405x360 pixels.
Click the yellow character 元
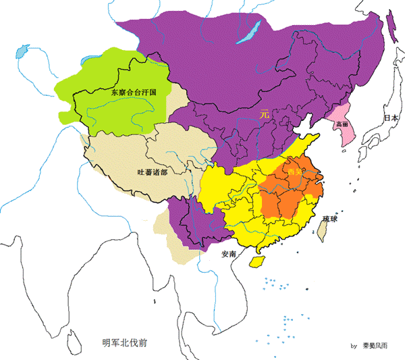click(x=265, y=115)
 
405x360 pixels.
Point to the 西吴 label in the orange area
click(x=295, y=173)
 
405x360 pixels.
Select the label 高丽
click(x=341, y=125)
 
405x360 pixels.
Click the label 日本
click(x=391, y=118)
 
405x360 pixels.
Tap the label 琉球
click(x=331, y=219)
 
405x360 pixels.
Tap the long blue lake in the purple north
click(x=250, y=32)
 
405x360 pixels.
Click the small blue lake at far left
click(x=22, y=50)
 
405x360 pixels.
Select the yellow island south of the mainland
click(x=257, y=261)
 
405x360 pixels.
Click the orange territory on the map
click(x=287, y=192)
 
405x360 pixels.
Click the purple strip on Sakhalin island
click(x=391, y=27)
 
